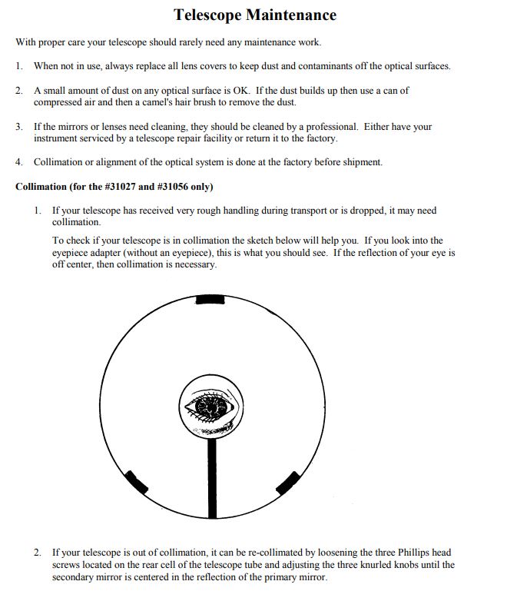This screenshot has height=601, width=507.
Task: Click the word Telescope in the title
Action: point(207,15)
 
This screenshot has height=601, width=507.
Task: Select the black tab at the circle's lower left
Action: point(137,482)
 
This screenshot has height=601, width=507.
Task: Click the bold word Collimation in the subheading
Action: point(44,187)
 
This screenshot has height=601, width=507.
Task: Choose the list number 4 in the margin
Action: point(19,162)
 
